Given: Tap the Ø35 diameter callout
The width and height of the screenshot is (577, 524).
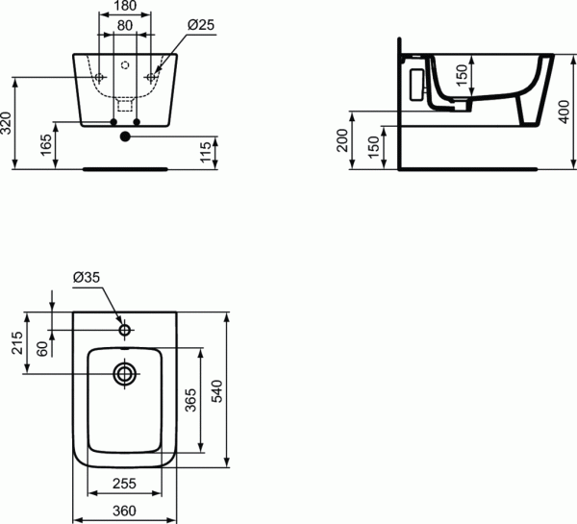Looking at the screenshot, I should (87, 279).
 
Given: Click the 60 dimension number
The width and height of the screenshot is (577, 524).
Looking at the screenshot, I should (42, 347).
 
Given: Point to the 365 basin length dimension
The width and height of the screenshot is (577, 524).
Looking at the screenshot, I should (189, 401).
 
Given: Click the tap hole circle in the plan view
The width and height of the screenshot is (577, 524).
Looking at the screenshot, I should (125, 329).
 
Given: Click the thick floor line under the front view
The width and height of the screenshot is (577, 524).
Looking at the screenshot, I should (125, 167).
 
